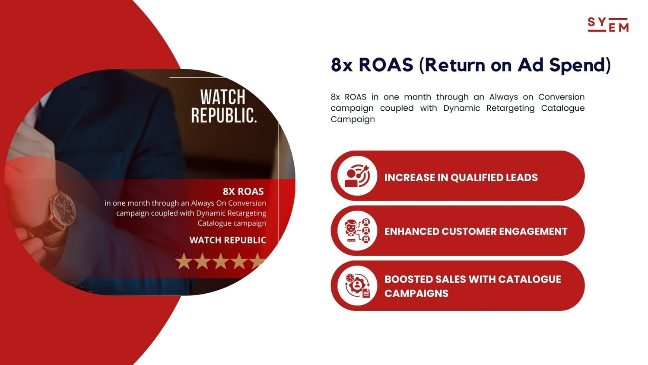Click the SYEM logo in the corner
point(608,25)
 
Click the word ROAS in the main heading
point(386,64)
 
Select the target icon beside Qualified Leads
point(357,176)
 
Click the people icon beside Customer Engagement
point(357,231)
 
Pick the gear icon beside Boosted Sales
point(357,285)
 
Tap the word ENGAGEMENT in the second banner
point(533,231)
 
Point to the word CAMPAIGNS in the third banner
point(416,294)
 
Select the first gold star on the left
point(184,261)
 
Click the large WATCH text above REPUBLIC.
point(223,97)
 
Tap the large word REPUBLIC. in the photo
point(224,115)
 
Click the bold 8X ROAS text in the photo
point(243,192)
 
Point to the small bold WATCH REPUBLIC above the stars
point(228,240)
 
